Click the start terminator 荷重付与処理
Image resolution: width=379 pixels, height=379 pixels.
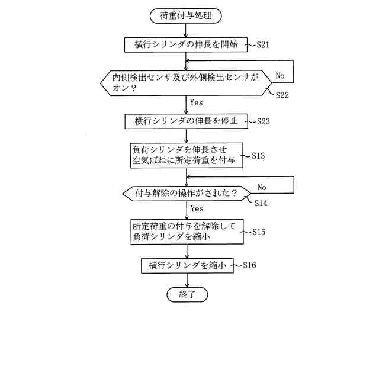click(186, 16)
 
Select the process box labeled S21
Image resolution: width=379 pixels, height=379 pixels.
click(186, 44)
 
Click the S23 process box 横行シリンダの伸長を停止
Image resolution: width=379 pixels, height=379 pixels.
click(186, 121)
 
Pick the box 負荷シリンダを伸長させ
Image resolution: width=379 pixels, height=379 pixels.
click(186, 155)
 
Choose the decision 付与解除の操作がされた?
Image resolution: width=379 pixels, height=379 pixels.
click(186, 194)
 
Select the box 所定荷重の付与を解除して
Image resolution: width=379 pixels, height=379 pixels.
click(186, 231)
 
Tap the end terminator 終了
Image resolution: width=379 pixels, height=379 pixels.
click(187, 294)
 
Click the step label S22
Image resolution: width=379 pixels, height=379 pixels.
click(282, 95)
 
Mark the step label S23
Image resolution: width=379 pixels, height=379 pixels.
click(264, 121)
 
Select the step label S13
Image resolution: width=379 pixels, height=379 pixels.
click(258, 156)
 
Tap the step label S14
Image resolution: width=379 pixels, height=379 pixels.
click(261, 203)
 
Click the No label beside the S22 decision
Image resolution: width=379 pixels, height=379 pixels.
click(280, 76)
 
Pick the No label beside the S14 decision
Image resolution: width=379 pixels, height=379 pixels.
click(261, 187)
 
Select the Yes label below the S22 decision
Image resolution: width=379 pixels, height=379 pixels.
click(197, 102)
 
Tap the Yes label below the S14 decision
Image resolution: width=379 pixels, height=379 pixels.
click(197, 208)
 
